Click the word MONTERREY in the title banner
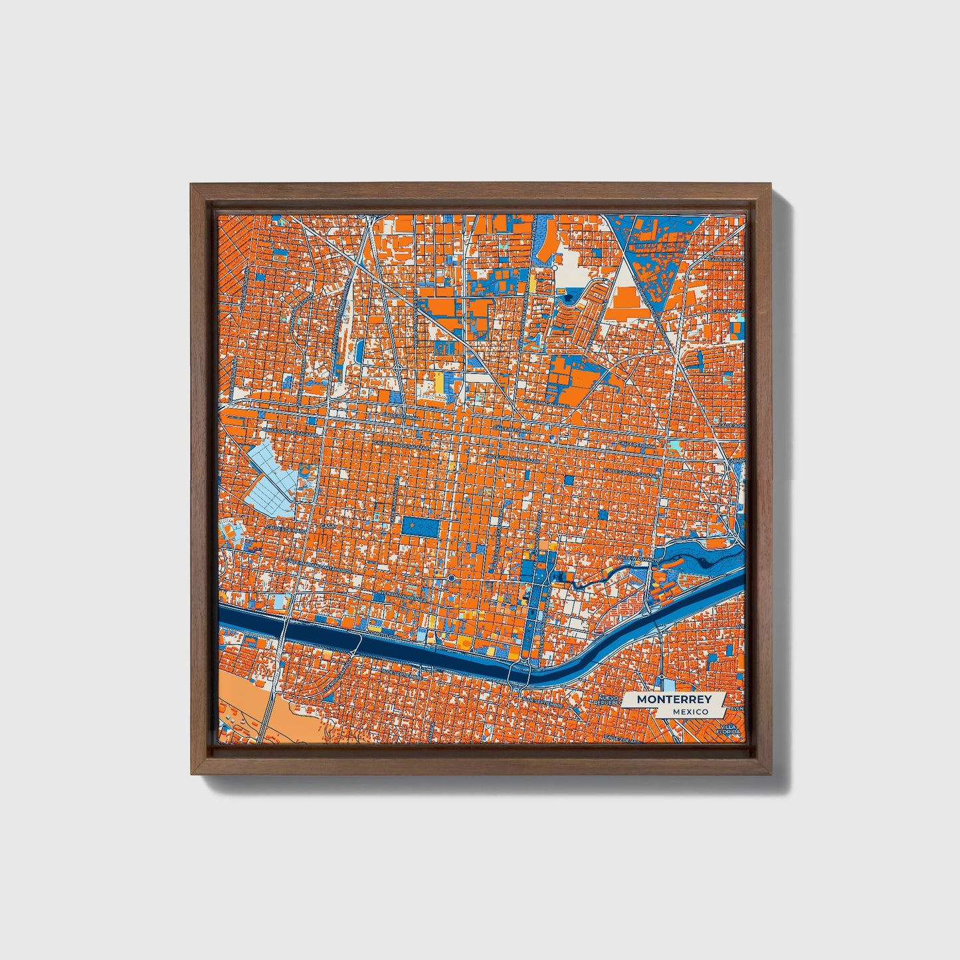point(674,699)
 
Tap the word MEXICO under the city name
point(689,712)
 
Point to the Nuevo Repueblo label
point(609,702)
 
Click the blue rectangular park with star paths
point(420,528)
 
